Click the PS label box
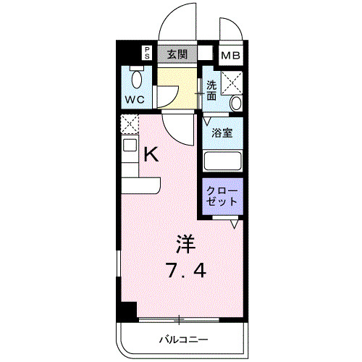pyautogui.click(x=147, y=53)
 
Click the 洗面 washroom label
pyautogui.click(x=211, y=89)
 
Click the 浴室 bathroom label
pyautogui.click(x=222, y=134)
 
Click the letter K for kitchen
pyautogui.click(x=151, y=153)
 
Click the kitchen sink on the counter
pyautogui.click(x=129, y=145)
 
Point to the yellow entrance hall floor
pyautogui.click(x=177, y=87)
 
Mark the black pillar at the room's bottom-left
pyautogui.click(x=127, y=312)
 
